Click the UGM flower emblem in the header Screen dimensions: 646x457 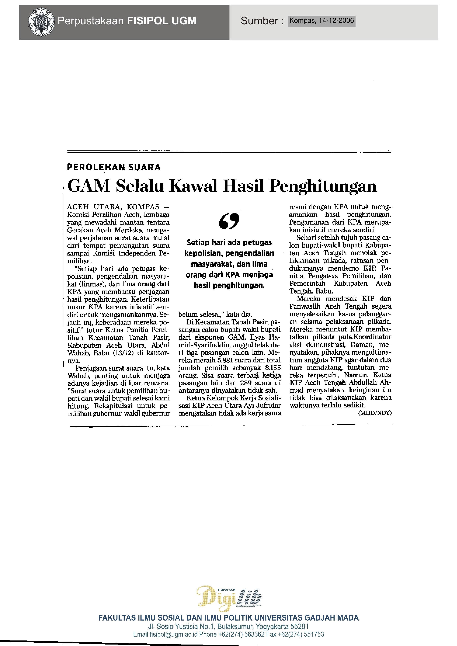coord(41,22)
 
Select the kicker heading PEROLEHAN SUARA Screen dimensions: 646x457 coord(114,167)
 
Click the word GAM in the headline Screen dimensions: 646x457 coord(89,186)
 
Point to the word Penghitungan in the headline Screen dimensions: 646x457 coord(323,186)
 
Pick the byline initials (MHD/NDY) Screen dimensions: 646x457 coord(375,413)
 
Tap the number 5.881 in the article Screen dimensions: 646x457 coord(227,360)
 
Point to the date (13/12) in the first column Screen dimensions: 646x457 coord(123,353)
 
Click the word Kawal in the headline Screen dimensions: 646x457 coord(193,186)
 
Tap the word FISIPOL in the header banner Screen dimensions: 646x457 coord(146,21)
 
